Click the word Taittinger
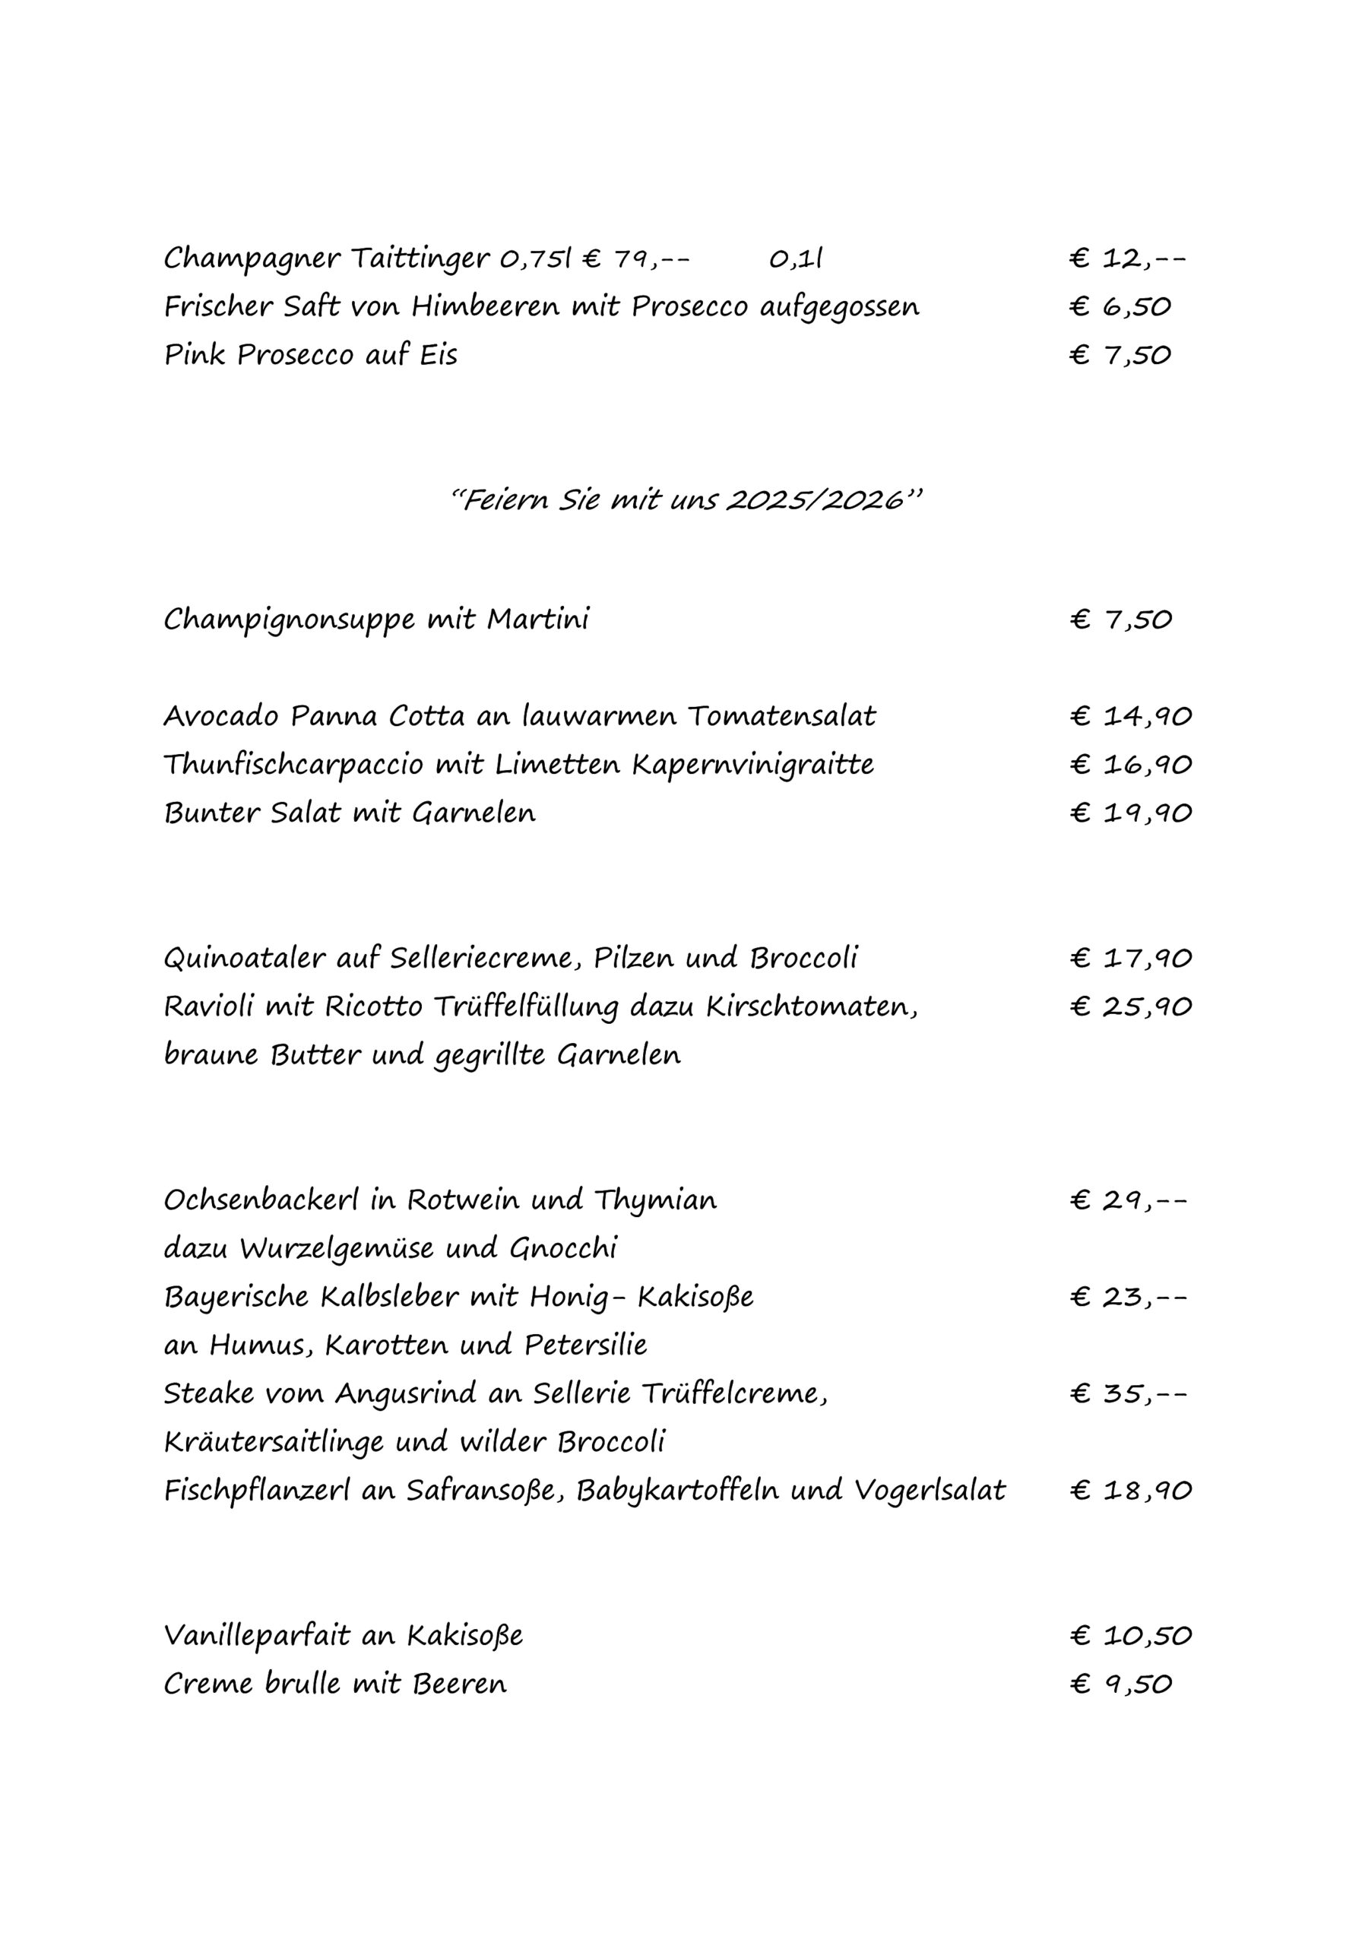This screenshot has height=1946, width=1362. [x=419, y=258]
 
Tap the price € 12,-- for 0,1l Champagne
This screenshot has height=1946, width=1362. [x=1127, y=258]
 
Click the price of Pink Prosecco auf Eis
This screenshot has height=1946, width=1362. [x=1120, y=355]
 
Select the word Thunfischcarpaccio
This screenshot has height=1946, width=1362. [x=293, y=765]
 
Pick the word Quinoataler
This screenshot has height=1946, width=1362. [x=244, y=959]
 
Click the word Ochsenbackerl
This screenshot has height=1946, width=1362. [x=261, y=1200]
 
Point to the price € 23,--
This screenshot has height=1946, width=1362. [x=1128, y=1297]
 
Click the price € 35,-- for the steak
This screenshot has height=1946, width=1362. [x=1128, y=1393]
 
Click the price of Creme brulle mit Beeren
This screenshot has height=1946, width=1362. [x=1120, y=1683]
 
